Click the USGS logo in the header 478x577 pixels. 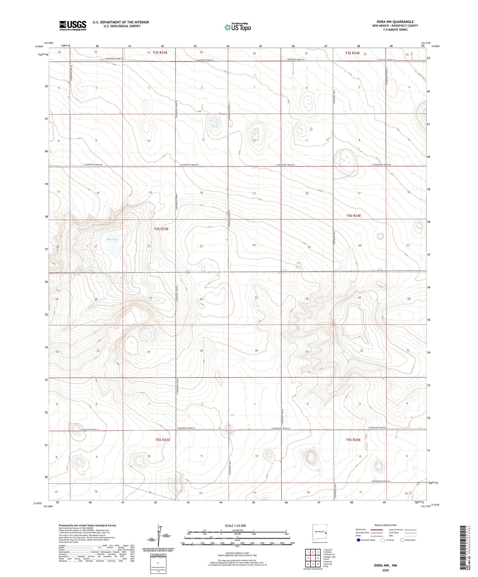(73, 25)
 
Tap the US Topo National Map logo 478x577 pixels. (238, 27)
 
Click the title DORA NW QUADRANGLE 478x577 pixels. (395, 22)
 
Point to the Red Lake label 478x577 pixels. (112, 239)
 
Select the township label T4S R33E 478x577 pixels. (161, 229)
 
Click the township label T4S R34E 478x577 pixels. (354, 215)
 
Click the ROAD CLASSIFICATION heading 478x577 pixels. (385, 525)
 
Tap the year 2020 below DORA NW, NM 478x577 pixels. (385, 570)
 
